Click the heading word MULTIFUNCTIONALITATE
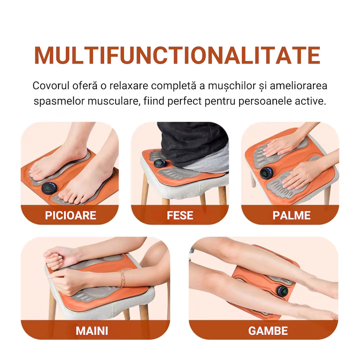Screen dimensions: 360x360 pos(177,55)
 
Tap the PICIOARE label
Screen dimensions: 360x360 pos(70,215)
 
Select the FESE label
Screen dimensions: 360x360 pos(180,215)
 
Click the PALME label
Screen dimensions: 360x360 pos(291,215)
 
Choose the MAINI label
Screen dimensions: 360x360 pos(92,331)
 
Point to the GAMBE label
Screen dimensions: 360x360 pos(268,331)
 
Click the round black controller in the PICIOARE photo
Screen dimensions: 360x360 pos(49,188)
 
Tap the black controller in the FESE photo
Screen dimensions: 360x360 pos(160,163)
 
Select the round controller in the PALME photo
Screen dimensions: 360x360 pos(266,173)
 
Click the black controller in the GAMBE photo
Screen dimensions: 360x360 pos(282,291)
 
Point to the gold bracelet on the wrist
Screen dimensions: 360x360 pos(122,278)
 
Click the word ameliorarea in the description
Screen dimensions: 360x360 pos(298,85)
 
